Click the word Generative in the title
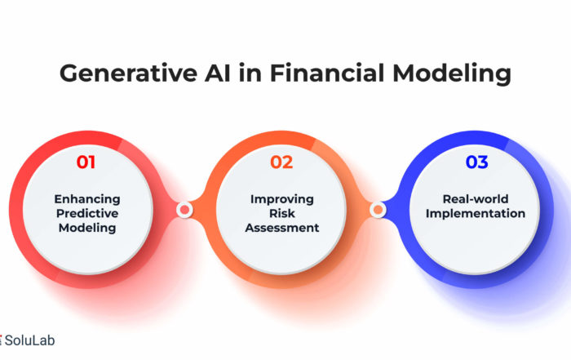(129, 73)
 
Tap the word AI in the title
(218, 73)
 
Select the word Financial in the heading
(327, 73)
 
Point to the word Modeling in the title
(452, 74)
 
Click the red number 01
(86, 162)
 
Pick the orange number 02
(281, 162)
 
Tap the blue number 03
(476, 162)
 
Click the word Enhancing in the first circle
(87, 199)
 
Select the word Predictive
(87, 213)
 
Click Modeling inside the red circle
(87, 228)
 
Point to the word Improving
(282, 199)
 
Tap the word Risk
(282, 213)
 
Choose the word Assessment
(282, 228)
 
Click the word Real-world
(476, 199)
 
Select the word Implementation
(476, 214)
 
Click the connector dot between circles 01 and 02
(184, 210)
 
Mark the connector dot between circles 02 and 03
(378, 210)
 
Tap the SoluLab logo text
(30, 340)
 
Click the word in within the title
(250, 73)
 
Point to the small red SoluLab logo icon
(1, 340)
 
